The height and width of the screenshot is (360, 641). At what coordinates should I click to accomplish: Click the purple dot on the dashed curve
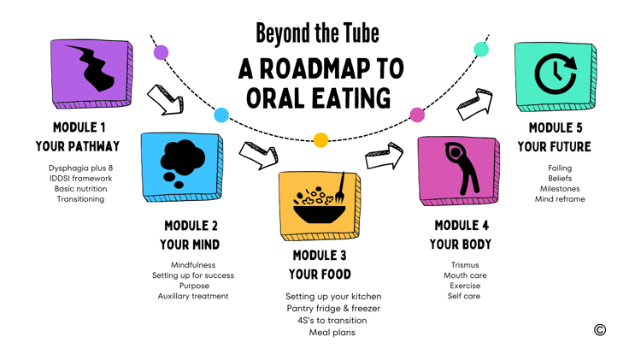161,52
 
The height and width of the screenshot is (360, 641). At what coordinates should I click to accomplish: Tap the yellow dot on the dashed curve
320,140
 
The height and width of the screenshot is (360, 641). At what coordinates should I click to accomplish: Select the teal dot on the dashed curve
481,50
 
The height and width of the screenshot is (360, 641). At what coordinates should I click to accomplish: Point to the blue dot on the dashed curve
221,115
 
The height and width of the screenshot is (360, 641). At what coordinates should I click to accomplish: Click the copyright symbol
600,330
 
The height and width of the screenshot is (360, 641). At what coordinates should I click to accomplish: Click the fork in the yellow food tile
340,189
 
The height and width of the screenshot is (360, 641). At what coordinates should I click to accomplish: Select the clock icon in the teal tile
556,74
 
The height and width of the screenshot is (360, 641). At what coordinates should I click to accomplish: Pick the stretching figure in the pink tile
462,168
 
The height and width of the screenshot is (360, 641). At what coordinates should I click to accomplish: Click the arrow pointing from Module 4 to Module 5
474,104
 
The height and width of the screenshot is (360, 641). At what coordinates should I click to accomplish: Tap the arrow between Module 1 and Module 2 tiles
165,100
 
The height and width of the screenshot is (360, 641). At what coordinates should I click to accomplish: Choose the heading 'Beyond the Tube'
318,33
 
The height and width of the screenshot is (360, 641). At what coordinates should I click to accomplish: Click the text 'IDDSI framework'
80,179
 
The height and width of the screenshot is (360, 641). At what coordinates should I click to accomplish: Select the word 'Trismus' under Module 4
465,265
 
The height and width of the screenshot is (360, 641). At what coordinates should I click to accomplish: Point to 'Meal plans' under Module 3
332,332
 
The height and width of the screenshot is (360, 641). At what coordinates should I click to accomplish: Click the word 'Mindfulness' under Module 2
193,265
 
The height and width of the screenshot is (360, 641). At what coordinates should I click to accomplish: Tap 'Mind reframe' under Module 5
560,199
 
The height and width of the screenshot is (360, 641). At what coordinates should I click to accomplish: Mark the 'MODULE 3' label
320,256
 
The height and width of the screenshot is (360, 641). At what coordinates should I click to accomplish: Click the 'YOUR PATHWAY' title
78,146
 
